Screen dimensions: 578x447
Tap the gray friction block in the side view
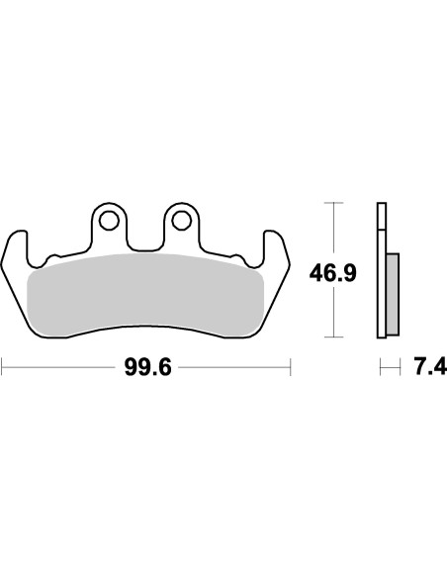[x=392, y=293]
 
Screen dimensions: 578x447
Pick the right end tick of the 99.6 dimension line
[x=290, y=368]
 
